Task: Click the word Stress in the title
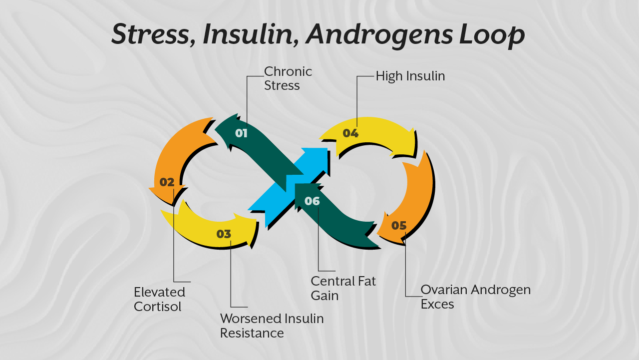click(x=150, y=34)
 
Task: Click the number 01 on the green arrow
click(x=241, y=133)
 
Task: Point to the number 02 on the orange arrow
click(x=167, y=182)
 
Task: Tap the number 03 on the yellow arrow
click(x=224, y=234)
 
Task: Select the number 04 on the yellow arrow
click(x=350, y=133)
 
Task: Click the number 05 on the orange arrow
click(x=399, y=226)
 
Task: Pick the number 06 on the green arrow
click(x=312, y=201)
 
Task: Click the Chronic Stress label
click(x=288, y=78)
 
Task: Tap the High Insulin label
click(x=410, y=76)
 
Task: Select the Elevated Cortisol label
click(x=159, y=299)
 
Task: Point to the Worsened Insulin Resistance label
click(x=272, y=326)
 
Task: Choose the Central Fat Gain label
click(x=343, y=288)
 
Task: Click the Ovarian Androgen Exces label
click(x=475, y=297)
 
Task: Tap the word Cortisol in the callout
click(x=157, y=306)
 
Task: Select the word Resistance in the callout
click(x=252, y=333)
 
